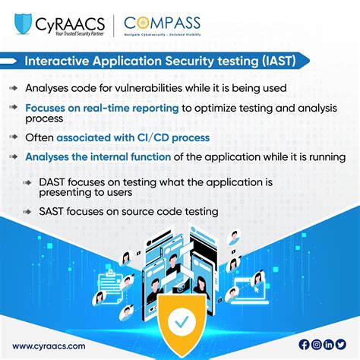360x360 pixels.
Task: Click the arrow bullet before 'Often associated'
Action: (x=15, y=137)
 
